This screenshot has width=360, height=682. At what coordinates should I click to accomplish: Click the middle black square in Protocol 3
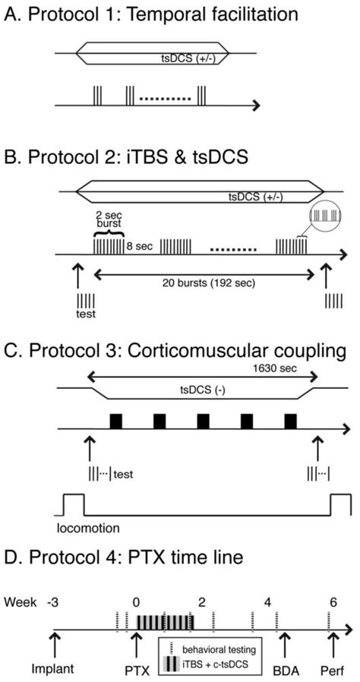point(204,421)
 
